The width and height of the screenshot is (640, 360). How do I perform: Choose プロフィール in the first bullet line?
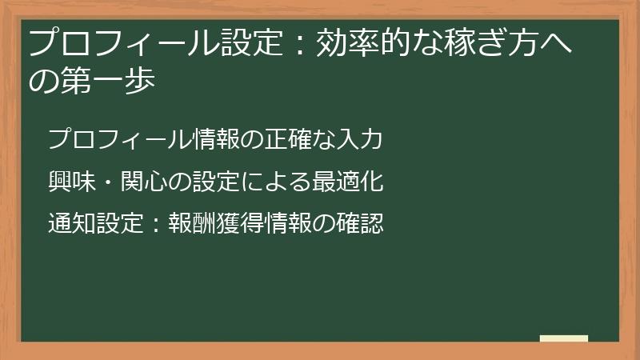coord(120,139)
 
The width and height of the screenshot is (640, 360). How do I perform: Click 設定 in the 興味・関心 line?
coord(217,182)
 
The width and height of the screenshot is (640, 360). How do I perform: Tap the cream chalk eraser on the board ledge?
coord(564,338)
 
